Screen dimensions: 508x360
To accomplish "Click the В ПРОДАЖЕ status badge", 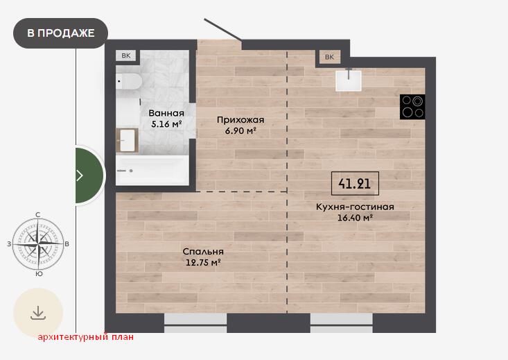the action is point(60,33).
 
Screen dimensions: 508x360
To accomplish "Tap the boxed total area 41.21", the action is point(355,184).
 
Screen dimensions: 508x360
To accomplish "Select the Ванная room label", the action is point(166,113).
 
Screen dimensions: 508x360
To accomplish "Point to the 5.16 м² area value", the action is point(166,123).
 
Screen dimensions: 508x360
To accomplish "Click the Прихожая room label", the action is point(240,120).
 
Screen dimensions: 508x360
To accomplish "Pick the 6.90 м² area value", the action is point(240,130).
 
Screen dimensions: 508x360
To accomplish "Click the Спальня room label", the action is point(203,251).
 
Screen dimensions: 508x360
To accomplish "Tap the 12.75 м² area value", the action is point(203,262).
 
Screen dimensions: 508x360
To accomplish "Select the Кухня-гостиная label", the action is point(355,207).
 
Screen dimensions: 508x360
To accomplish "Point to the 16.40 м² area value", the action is point(355,217).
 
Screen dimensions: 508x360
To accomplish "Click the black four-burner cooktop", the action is point(412,107).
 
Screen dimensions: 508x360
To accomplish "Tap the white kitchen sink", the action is point(349,80).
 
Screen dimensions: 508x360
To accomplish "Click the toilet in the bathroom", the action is point(128,81).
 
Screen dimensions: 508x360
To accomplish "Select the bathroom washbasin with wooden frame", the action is point(128,140).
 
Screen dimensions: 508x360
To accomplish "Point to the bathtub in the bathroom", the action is point(152,170).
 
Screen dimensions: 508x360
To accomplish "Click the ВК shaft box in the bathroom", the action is point(126,55).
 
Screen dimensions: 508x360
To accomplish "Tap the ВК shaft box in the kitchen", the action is point(329,57).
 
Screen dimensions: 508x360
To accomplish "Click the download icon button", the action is point(38,313).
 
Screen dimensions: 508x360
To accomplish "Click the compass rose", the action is point(38,244).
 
